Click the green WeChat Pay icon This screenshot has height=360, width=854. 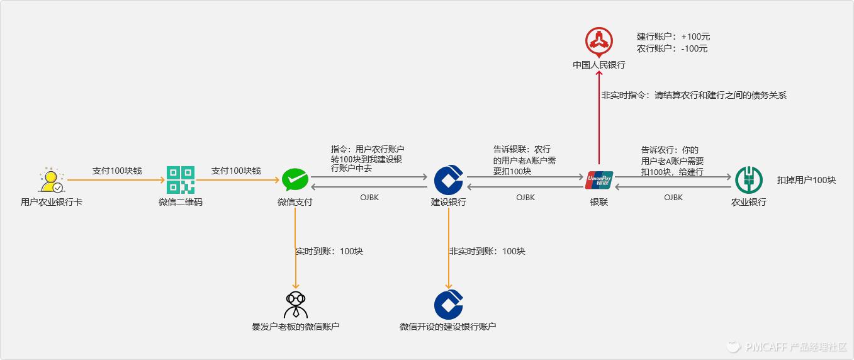295,180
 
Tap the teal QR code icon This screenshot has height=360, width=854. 181,180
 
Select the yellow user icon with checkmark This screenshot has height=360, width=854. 51,181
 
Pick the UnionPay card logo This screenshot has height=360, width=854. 598,180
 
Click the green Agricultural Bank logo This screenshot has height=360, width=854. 748,180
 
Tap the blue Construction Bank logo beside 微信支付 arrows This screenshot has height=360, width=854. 449,180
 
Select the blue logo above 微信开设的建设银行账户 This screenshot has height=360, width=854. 449,305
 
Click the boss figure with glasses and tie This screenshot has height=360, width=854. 295,305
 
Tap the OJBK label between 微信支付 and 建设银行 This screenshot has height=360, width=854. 369,198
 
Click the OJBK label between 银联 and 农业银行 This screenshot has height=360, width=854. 673,198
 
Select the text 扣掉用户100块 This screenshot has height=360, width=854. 806,180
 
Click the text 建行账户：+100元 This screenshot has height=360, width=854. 673,37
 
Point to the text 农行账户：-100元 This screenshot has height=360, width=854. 671,48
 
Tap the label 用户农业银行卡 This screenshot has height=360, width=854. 51,202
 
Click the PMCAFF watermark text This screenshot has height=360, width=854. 795,347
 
